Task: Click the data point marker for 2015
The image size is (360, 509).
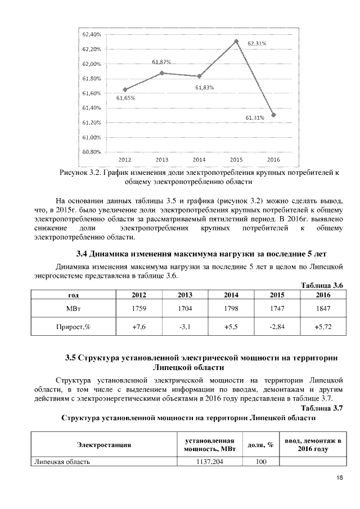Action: [x=236, y=41]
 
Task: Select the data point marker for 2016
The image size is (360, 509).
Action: [x=273, y=115]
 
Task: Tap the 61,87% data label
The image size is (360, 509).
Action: [x=161, y=62]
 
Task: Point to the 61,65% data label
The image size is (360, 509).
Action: [x=125, y=98]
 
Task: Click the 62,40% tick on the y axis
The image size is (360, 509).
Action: [x=91, y=34]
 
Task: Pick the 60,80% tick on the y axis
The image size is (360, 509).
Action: [x=91, y=152]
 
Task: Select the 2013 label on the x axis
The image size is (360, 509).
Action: [x=162, y=160]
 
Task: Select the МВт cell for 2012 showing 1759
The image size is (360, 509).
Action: [x=138, y=308]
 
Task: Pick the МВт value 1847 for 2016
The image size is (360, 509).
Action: [x=323, y=308]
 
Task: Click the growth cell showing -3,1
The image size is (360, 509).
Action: [x=184, y=326]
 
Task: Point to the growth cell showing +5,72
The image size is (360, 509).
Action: [x=323, y=326]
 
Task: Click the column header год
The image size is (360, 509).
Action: [x=73, y=295]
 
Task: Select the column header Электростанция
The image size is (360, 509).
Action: [x=104, y=444]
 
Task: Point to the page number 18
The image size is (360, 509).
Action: [x=339, y=478]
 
